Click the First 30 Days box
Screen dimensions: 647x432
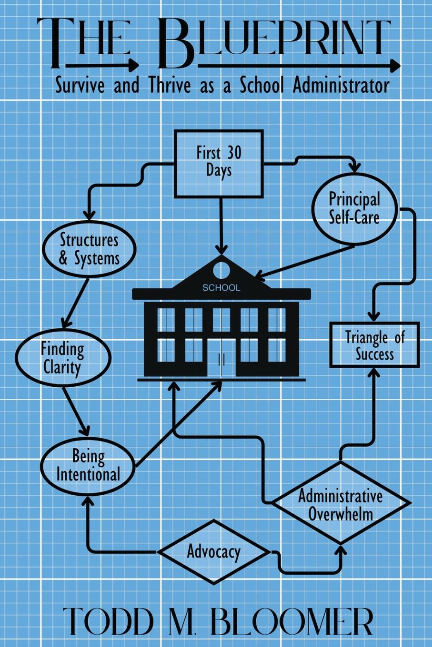219,163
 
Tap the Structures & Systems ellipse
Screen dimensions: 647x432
89,249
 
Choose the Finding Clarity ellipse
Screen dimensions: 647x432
62,357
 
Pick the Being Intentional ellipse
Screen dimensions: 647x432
88,465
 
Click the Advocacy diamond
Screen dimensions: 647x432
213,552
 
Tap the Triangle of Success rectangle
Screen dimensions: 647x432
374,345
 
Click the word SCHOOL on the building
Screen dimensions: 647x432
221,288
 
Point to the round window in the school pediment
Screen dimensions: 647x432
221,270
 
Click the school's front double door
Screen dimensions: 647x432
221,359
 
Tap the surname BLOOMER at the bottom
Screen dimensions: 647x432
292,620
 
